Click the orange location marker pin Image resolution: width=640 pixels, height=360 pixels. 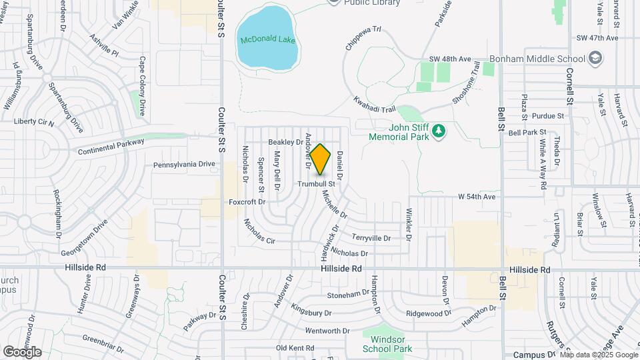(x=321, y=159)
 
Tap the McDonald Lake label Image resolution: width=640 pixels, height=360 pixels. (x=267, y=40)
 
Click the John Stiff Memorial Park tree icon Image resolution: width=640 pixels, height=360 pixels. (x=439, y=131)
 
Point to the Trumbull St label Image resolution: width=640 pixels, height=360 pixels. (x=315, y=183)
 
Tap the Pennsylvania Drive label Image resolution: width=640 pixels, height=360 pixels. (x=185, y=164)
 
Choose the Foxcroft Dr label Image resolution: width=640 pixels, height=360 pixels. (x=247, y=201)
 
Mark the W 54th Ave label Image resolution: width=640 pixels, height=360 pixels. (x=477, y=197)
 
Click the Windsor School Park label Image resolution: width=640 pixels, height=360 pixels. (x=387, y=343)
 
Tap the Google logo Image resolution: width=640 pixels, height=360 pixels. (x=22, y=352)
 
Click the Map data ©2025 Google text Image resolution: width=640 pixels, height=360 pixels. (x=598, y=355)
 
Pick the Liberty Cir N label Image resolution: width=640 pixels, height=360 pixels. (x=33, y=122)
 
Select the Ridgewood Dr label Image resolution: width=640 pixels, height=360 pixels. (x=429, y=313)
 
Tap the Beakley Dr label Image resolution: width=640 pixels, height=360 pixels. (x=285, y=142)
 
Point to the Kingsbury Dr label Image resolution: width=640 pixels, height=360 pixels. (x=311, y=312)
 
